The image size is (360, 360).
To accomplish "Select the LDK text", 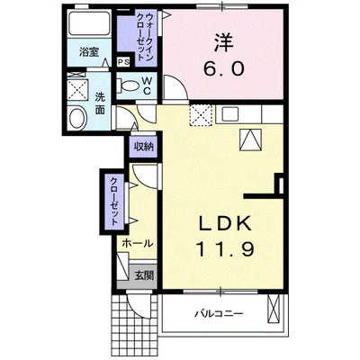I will point(225,223).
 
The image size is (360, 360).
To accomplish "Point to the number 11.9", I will point(225,247).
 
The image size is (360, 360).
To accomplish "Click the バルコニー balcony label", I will point(219,314).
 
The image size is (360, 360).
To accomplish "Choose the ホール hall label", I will point(135,243).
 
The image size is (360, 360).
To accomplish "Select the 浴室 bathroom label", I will point(87,52).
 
